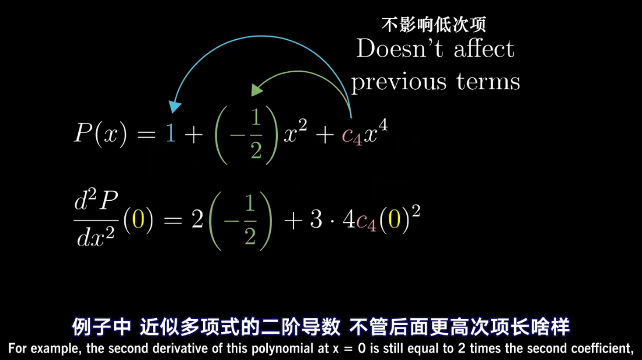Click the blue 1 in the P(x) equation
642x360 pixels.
coord(170,135)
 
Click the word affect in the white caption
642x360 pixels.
coord(484,49)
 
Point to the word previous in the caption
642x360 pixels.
coord(398,82)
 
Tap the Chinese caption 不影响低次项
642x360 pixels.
coord(433,25)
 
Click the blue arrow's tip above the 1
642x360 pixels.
coord(174,108)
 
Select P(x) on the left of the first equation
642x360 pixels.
coord(100,135)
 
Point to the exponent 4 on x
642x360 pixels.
coord(383,124)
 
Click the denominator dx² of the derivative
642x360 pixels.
coord(97,237)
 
